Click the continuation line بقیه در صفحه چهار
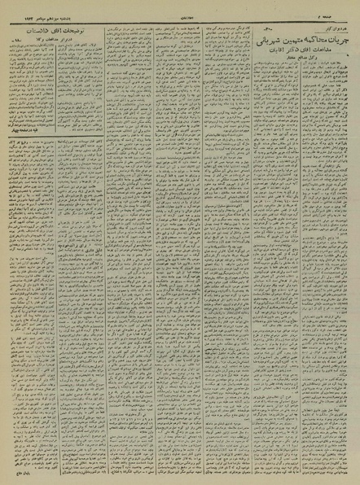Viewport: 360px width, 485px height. point(26,151)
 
